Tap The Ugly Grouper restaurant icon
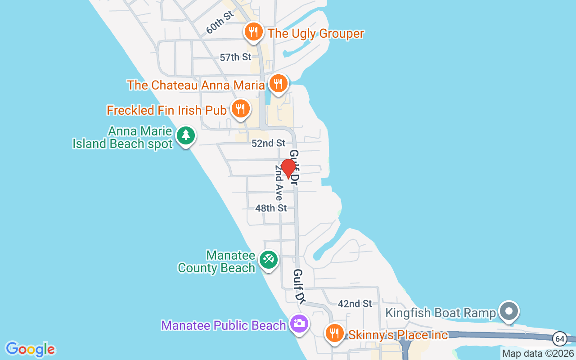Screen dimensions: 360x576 click(254, 32)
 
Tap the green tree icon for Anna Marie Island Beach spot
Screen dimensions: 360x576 click(185, 135)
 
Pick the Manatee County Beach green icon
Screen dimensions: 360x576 click(269, 260)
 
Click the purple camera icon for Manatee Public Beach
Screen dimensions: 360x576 click(299, 323)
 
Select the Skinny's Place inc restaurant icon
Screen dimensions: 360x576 click(334, 333)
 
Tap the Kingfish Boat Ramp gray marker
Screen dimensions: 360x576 click(509, 311)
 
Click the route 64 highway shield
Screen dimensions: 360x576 click(560, 337)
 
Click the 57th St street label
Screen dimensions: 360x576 click(235, 57)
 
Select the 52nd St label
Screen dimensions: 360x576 click(269, 143)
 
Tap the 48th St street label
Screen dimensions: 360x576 click(271, 208)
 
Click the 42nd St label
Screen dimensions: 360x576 click(355, 304)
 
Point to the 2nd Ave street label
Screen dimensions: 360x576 click(279, 182)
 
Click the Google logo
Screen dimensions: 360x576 click(30, 349)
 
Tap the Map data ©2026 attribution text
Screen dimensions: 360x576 click(538, 354)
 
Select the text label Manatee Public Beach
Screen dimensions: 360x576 click(224, 325)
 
